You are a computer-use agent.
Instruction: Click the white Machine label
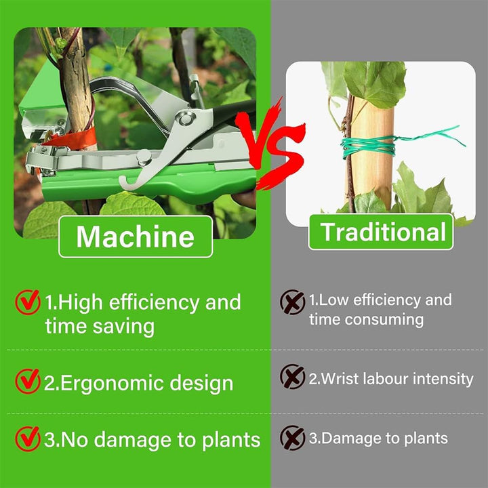[136, 237]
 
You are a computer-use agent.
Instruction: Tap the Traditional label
[381, 232]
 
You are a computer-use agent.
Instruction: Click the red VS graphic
[270, 144]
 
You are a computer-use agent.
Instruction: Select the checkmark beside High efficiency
[28, 302]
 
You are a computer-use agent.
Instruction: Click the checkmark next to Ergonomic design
[28, 381]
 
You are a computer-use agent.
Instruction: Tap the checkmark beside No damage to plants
[28, 439]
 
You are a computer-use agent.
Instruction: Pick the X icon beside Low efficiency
[292, 302]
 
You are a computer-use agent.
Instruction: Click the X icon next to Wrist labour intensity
[292, 377]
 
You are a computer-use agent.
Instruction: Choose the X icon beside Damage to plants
[292, 438]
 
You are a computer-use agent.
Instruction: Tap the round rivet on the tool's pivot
[186, 119]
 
